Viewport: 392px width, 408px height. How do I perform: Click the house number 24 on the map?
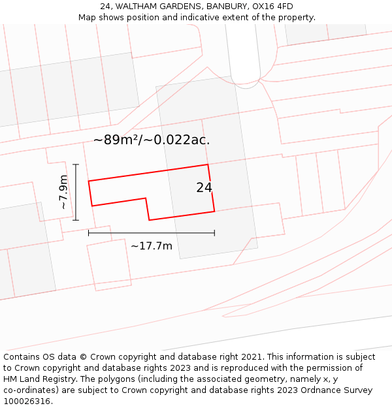[x=204, y=187]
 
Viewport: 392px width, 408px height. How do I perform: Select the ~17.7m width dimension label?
[x=152, y=246]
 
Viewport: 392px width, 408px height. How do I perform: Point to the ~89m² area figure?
[x=116, y=140]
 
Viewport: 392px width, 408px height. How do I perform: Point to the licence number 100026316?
[x=26, y=401]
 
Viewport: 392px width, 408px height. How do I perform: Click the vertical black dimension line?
[x=76, y=193]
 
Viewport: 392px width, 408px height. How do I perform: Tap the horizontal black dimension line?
[x=152, y=232]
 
